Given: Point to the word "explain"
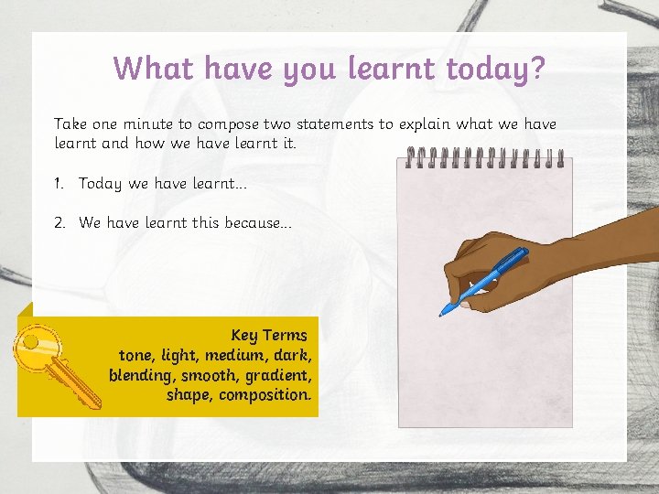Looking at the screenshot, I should point(429,123).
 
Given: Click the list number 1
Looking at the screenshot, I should point(58,184).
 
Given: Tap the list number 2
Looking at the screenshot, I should point(59,222).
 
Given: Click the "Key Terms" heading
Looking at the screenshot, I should point(269,335).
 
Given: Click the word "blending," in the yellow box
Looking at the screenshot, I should point(141,375).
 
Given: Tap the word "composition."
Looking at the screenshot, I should point(265,395).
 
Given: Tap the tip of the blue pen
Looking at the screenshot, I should point(441,314).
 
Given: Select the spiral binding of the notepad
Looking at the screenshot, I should point(485,159).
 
